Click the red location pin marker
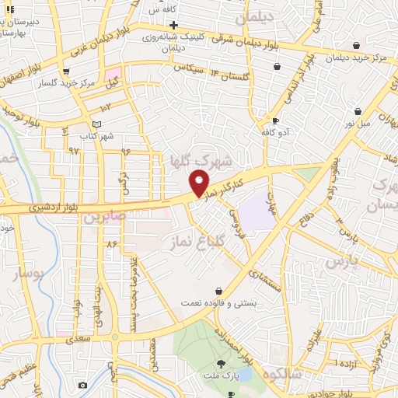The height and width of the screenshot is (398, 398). [x=200, y=183]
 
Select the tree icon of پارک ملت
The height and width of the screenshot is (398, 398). [x=222, y=363]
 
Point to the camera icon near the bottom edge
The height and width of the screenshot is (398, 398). [x=82, y=385]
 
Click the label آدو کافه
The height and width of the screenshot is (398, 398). [x=276, y=132]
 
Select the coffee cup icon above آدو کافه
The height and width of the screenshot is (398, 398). [x=275, y=120]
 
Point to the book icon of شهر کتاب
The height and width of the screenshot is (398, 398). [x=96, y=124]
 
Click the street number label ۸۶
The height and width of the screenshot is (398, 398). [x=111, y=244]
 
